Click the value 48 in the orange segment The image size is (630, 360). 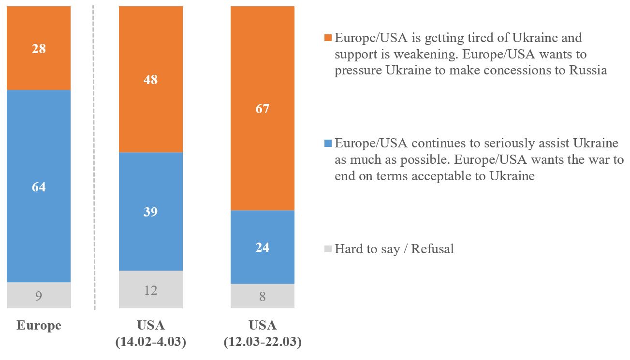(x=150, y=80)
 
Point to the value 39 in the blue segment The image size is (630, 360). (x=150, y=212)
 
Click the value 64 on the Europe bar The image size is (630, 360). (x=39, y=187)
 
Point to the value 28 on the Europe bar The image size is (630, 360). (x=39, y=49)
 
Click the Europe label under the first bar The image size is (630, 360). (x=39, y=325)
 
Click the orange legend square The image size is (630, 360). (x=328, y=38)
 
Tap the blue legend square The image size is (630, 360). (x=328, y=144)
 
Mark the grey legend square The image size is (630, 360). (x=328, y=249)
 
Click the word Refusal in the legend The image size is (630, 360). (x=432, y=249)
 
